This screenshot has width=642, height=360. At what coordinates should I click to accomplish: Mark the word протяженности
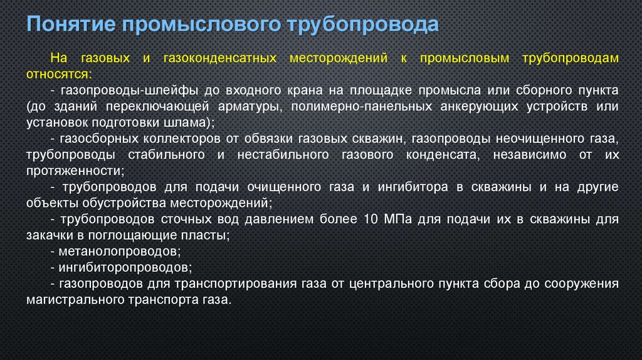(75, 170)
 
